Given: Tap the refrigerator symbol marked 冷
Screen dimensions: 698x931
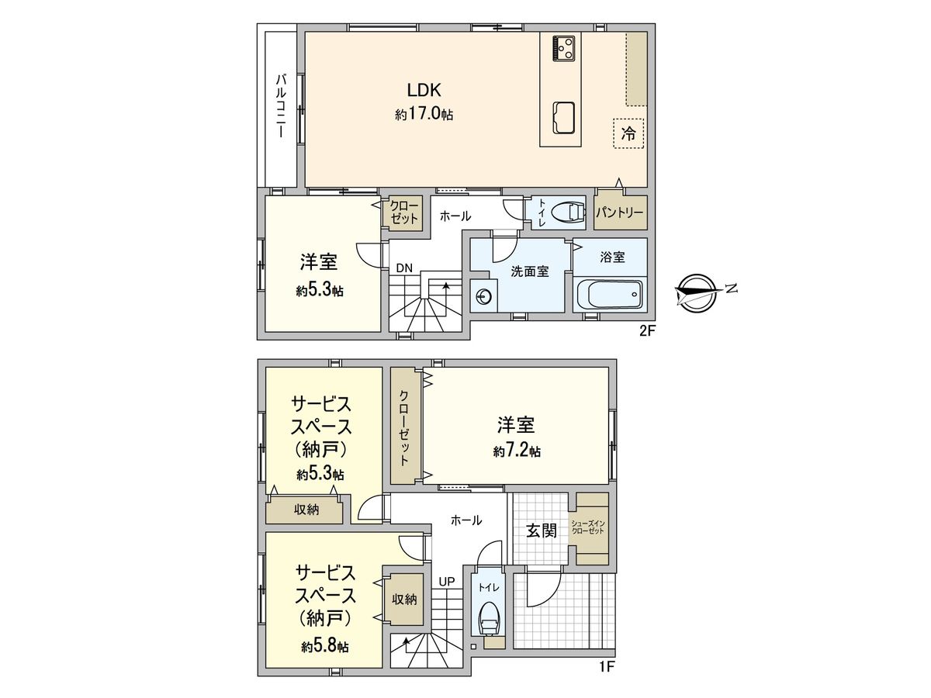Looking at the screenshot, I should tap(628, 133).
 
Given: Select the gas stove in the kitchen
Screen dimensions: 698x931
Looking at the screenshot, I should tap(562, 48).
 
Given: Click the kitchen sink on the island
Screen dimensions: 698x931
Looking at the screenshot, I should tap(563, 119).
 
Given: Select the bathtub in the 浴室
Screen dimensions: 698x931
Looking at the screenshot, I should tap(610, 295).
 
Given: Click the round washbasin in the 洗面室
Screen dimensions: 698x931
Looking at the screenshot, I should tap(483, 295).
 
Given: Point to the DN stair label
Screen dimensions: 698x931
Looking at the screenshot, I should tap(403, 268).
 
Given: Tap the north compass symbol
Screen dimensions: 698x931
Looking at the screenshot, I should tap(696, 292).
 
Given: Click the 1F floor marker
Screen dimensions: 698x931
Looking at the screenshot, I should tap(607, 665).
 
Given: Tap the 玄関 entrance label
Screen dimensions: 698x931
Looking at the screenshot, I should tap(542, 531).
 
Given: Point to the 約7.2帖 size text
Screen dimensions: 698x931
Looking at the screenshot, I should tap(517, 451).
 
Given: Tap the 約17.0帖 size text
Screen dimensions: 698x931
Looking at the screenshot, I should tap(424, 114).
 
